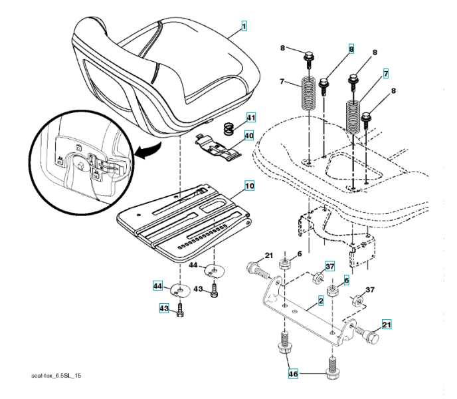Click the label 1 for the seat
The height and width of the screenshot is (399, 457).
(244, 27)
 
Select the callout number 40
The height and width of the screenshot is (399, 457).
(249, 136)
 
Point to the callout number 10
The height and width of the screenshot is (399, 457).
(248, 187)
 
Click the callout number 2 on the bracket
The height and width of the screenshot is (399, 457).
(320, 302)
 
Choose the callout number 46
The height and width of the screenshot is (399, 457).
(294, 374)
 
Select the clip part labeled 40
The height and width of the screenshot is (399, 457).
(219, 147)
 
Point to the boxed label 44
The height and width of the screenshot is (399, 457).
(158, 286)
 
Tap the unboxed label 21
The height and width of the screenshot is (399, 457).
(269, 256)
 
